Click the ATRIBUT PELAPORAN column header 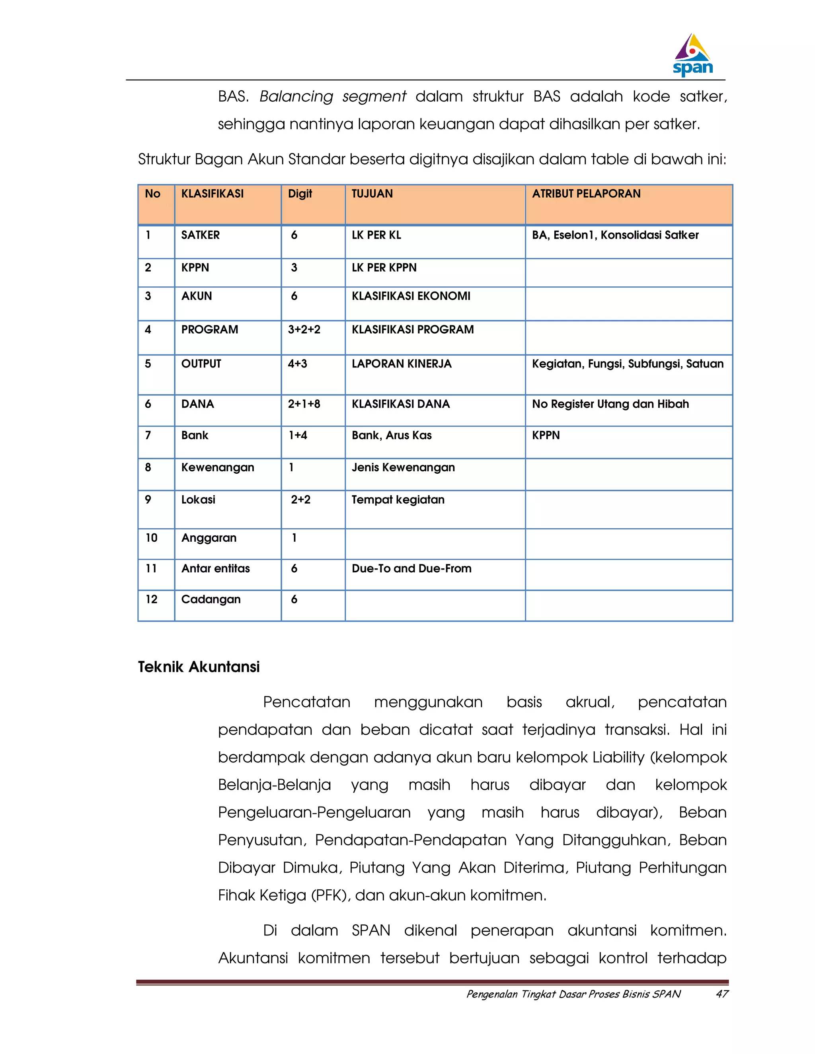(x=586, y=194)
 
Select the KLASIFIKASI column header (x=213, y=194)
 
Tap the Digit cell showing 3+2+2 (x=304, y=330)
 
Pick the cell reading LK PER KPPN (x=384, y=268)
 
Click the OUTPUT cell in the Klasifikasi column (x=201, y=364)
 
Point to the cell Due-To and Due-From (x=411, y=568)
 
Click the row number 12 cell (x=152, y=599)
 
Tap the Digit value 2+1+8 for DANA (x=304, y=404)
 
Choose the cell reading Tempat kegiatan (x=398, y=500)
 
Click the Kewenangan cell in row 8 (x=218, y=468)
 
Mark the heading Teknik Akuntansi (x=199, y=667)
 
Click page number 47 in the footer (x=721, y=994)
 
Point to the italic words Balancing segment (x=333, y=97)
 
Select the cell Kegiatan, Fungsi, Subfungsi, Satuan (x=627, y=364)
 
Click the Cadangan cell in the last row (x=211, y=599)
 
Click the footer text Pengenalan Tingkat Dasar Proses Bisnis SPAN (x=573, y=994)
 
